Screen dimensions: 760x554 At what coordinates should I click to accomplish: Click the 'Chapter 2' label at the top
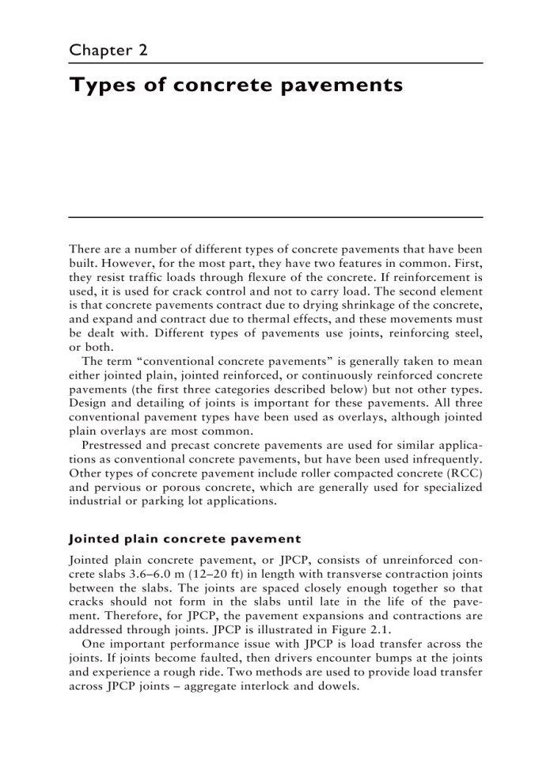coord(109,50)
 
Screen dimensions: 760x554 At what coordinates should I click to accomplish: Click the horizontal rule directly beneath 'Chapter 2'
coord(276,63)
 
